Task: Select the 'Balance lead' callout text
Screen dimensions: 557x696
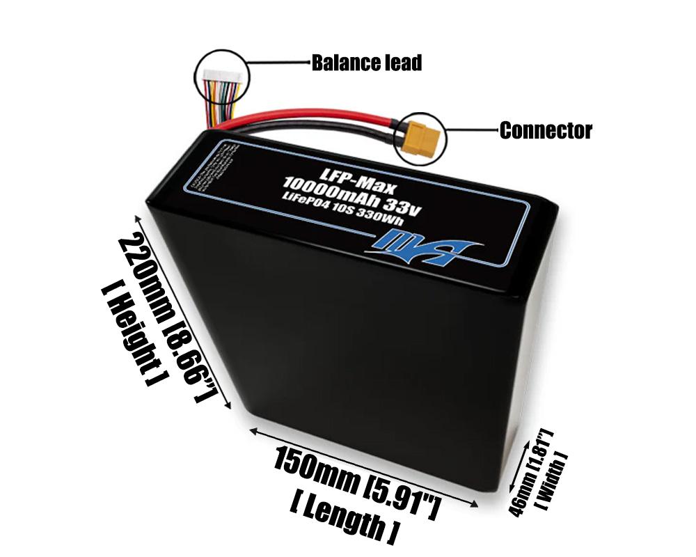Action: click(x=366, y=63)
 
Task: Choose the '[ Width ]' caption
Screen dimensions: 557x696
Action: click(x=553, y=480)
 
